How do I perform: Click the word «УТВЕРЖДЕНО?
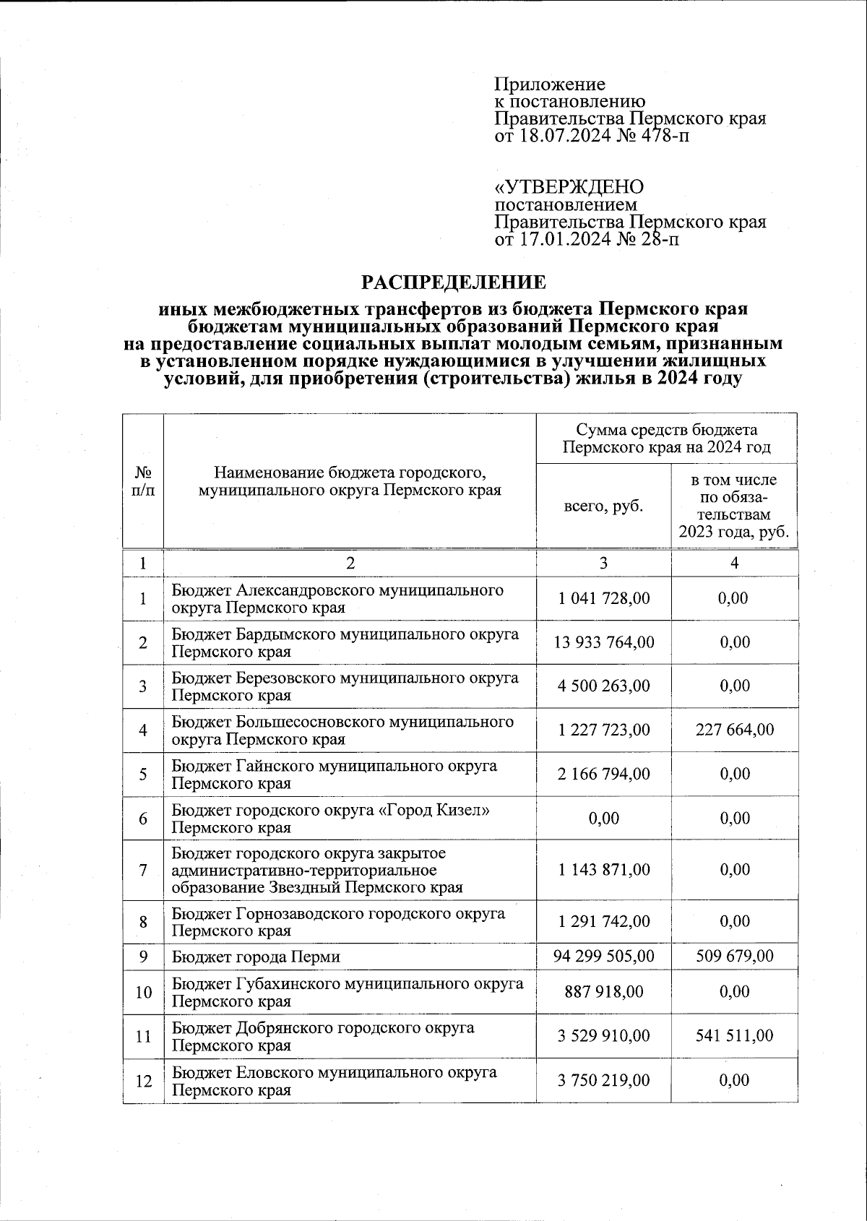[x=568, y=188]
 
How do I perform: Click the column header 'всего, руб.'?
[x=603, y=506]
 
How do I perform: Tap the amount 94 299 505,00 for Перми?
[x=603, y=956]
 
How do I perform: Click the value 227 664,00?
[x=734, y=730]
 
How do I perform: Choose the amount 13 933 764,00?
[x=603, y=642]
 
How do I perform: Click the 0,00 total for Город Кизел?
[x=603, y=818]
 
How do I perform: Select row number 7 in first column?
[x=143, y=870]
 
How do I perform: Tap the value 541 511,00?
[x=734, y=1036]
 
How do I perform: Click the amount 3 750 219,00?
[x=603, y=1080]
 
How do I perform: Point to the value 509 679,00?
[x=734, y=956]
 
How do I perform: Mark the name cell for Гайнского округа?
[x=334, y=774]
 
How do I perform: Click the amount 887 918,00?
[x=603, y=992]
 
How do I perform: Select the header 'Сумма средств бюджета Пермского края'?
[x=666, y=439]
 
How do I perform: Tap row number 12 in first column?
[x=143, y=1081]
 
